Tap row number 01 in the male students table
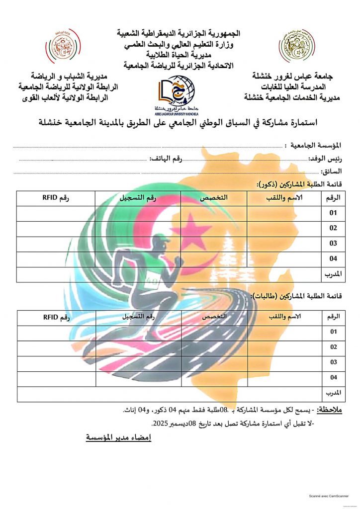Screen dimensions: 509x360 point(333,213)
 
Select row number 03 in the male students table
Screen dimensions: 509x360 point(333,244)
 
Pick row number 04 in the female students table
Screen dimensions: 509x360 point(333,378)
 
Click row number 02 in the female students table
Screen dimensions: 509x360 point(333,347)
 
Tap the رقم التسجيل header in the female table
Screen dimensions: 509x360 point(138,317)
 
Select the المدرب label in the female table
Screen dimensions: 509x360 point(333,393)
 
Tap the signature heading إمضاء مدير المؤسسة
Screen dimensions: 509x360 point(118,437)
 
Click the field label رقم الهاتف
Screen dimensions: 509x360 point(166,159)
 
